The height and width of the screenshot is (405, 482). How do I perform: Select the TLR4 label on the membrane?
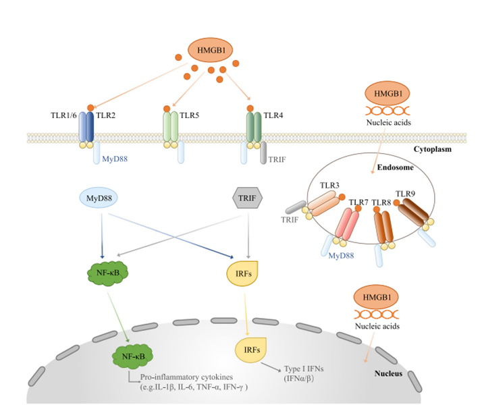click(273, 115)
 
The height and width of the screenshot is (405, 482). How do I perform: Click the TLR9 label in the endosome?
click(408, 195)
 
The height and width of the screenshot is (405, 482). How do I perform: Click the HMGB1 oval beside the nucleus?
click(372, 297)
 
